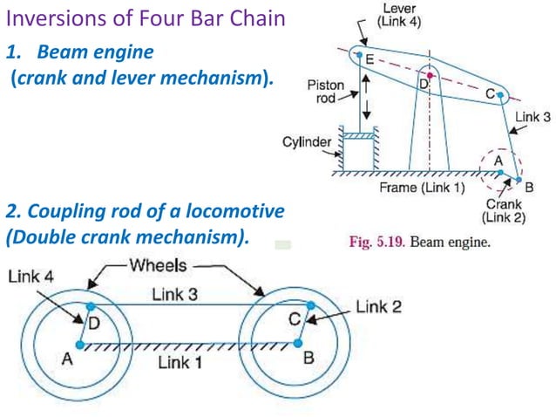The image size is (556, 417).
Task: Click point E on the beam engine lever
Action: pos(357,54)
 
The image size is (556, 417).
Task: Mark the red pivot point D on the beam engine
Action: pos(428,75)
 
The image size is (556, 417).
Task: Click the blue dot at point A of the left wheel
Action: pos(80,345)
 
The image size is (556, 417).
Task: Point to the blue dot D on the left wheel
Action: pos(90,306)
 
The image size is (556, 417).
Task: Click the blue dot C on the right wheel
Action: pos(309,307)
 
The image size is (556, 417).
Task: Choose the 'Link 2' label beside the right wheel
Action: pos(378,307)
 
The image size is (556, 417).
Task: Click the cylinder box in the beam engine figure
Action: pos(360,154)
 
